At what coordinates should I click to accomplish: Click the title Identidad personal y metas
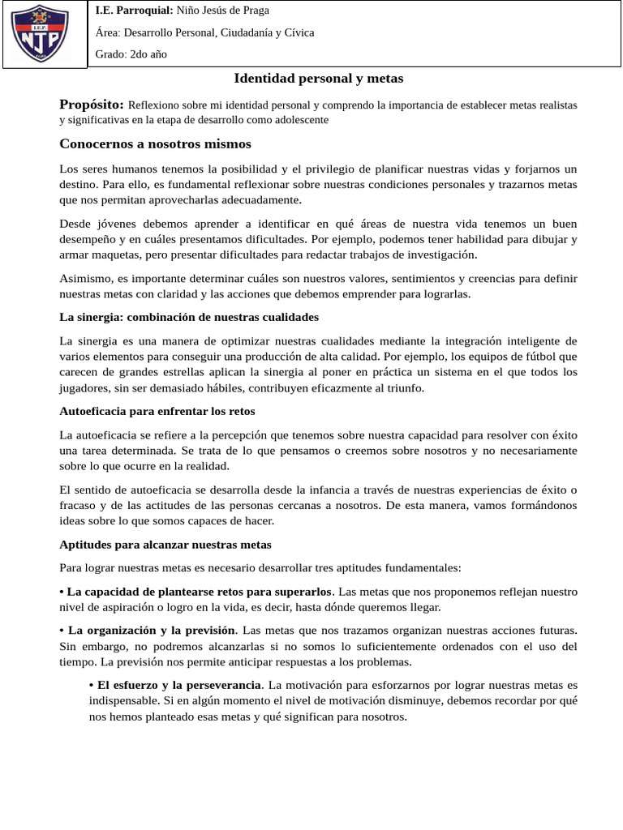318,79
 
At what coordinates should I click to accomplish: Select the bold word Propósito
92,105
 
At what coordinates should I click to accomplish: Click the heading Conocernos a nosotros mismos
156,143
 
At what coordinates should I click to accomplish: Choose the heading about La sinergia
189,316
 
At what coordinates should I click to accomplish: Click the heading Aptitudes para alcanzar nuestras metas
165,544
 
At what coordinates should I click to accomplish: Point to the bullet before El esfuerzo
91,685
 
